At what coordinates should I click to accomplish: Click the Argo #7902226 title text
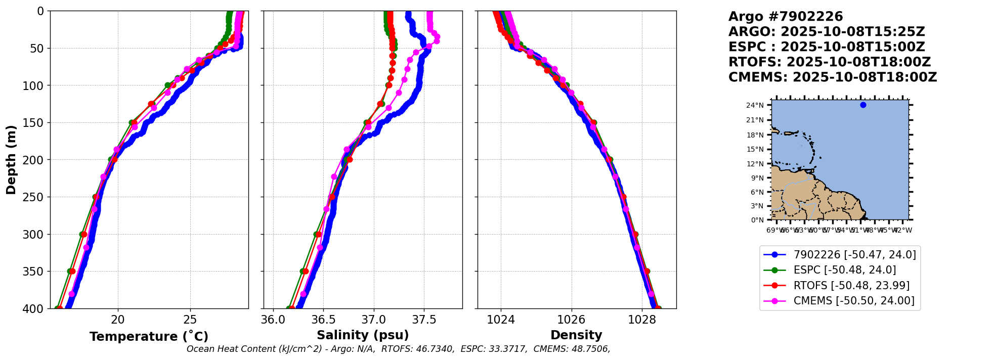[786, 17]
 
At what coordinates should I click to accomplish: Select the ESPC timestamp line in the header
[827, 47]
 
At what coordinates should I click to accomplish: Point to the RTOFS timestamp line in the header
[830, 62]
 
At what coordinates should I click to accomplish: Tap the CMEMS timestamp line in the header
[833, 77]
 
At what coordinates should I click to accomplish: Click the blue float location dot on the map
[863, 105]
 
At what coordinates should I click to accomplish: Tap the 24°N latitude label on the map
[755, 106]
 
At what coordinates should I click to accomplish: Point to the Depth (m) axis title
[11, 160]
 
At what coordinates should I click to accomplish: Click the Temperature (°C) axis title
[149, 337]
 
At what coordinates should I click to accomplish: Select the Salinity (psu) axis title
[363, 335]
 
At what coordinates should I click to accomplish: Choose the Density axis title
[576, 335]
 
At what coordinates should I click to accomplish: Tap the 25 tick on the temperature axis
[190, 320]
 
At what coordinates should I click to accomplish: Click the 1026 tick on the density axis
[572, 320]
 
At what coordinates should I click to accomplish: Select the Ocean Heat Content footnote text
[398, 349]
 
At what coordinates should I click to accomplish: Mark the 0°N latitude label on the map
[757, 220]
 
